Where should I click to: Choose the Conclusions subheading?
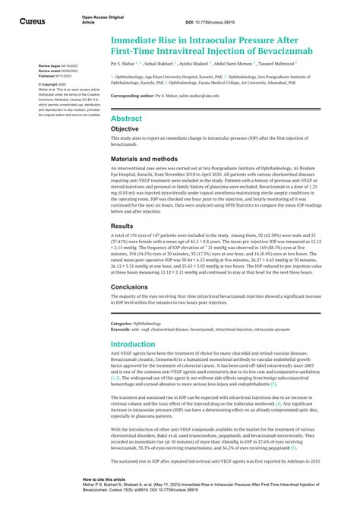tap(134, 287)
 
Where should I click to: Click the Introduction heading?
tap(139, 343)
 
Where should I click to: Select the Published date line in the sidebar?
tap(43, 77)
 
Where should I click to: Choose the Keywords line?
tap(201, 330)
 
